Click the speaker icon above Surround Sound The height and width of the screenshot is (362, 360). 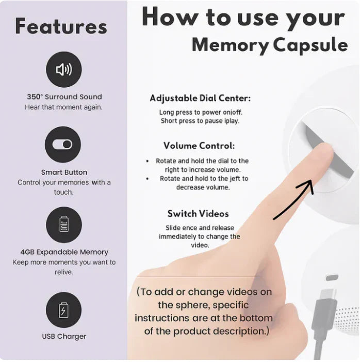pyautogui.click(x=64, y=70)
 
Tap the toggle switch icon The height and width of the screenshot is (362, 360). pyautogui.click(x=62, y=145)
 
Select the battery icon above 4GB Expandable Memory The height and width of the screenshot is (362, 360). pyautogui.click(x=64, y=225)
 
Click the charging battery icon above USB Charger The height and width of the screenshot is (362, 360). pyautogui.click(x=63, y=310)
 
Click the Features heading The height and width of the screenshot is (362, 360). pyautogui.click(x=61, y=26)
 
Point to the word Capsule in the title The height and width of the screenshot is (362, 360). pyautogui.click(x=310, y=45)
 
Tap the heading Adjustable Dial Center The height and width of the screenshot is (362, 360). pyautogui.click(x=200, y=98)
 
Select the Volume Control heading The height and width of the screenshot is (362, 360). pyautogui.click(x=199, y=146)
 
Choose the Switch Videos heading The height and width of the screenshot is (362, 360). pyautogui.click(x=198, y=214)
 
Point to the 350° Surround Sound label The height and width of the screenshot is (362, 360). pyautogui.click(x=64, y=97)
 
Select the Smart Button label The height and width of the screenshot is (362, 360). pyautogui.click(x=64, y=172)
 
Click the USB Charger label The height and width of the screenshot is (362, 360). pyautogui.click(x=64, y=336)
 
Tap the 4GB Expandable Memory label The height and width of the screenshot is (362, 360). pyautogui.click(x=64, y=252)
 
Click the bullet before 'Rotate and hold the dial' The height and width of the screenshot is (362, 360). pyautogui.click(x=148, y=161)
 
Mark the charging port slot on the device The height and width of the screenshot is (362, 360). pyautogui.click(x=332, y=277)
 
